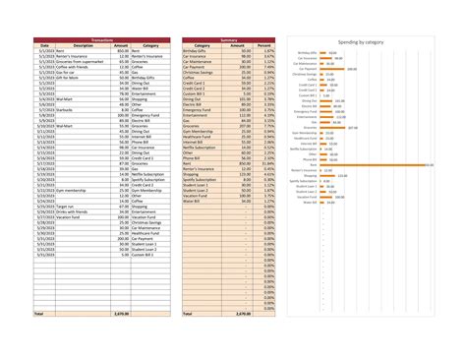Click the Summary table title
pos(228,39)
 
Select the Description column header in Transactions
pos(83,45)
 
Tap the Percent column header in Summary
pos(263,45)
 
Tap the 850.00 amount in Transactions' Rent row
pos(121,50)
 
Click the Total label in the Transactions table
pos(40,313)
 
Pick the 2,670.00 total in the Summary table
pos(243,313)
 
